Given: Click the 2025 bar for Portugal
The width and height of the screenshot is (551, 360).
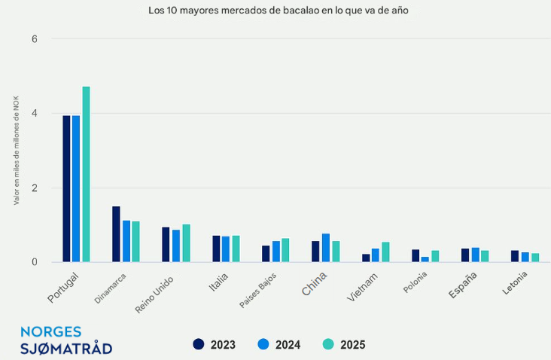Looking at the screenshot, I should click(x=86, y=175).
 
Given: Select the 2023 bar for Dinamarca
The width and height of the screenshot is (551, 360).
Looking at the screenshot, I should click(x=116, y=234).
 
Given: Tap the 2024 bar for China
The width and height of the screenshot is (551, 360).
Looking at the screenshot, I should click(x=326, y=248).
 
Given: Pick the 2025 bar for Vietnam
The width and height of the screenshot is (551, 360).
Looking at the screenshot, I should click(x=385, y=252).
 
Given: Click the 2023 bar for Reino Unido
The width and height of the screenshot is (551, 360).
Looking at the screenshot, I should click(x=166, y=245).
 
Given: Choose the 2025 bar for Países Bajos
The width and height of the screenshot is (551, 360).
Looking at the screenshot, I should click(x=285, y=251).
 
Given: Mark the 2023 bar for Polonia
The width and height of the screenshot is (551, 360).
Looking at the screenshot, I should click(x=416, y=256).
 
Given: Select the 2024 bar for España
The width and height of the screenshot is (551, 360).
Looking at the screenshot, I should click(x=475, y=255).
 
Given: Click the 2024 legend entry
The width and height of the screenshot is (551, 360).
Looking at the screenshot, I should click(x=279, y=345).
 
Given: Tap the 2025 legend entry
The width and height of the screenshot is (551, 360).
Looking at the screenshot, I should click(x=344, y=345).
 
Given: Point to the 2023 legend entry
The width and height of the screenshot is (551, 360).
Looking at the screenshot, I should click(x=215, y=345).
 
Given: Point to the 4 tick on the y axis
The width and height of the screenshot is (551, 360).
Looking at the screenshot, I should click(x=34, y=114).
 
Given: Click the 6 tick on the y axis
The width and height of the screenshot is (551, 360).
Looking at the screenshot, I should click(x=34, y=39).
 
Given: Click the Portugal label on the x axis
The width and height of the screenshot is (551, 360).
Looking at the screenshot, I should click(x=62, y=288).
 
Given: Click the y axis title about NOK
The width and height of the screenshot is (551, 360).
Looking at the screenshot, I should click(x=17, y=151).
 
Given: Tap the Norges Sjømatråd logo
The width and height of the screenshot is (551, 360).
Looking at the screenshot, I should click(x=66, y=340).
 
